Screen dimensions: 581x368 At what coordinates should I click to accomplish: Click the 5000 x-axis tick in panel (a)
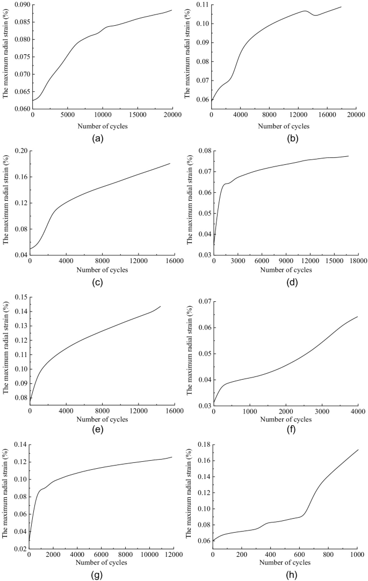point(68,115)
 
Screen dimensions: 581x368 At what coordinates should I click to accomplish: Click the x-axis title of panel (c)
point(102,270)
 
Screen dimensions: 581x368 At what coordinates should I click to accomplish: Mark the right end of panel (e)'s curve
point(161,306)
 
